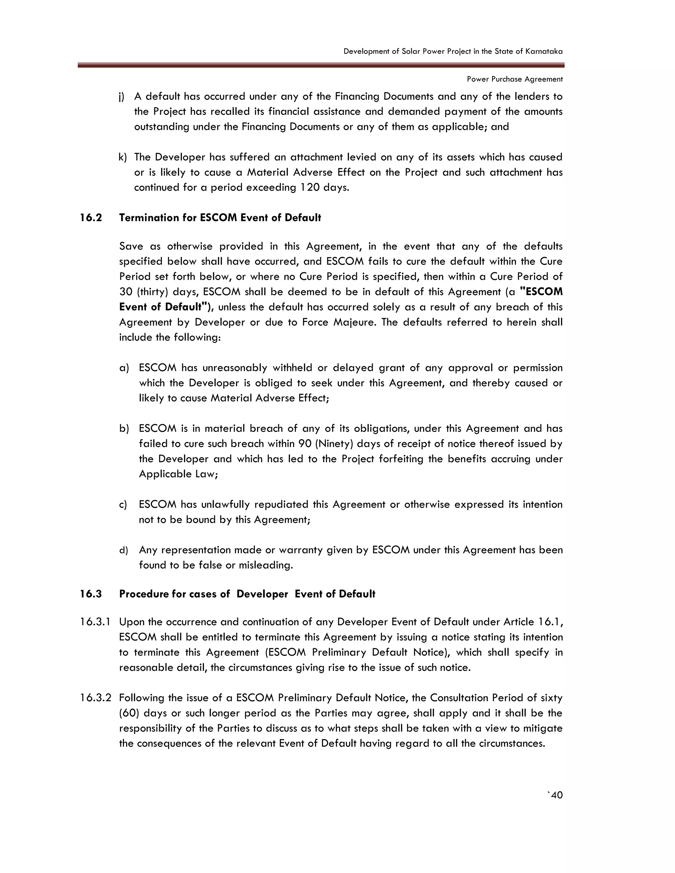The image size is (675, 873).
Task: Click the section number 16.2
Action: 91,218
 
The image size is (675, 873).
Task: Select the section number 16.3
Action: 91,594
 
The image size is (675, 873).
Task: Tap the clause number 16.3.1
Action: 95,622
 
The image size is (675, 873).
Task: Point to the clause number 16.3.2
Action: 95,698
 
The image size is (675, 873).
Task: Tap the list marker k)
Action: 122,157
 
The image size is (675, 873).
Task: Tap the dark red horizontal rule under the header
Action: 321,65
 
